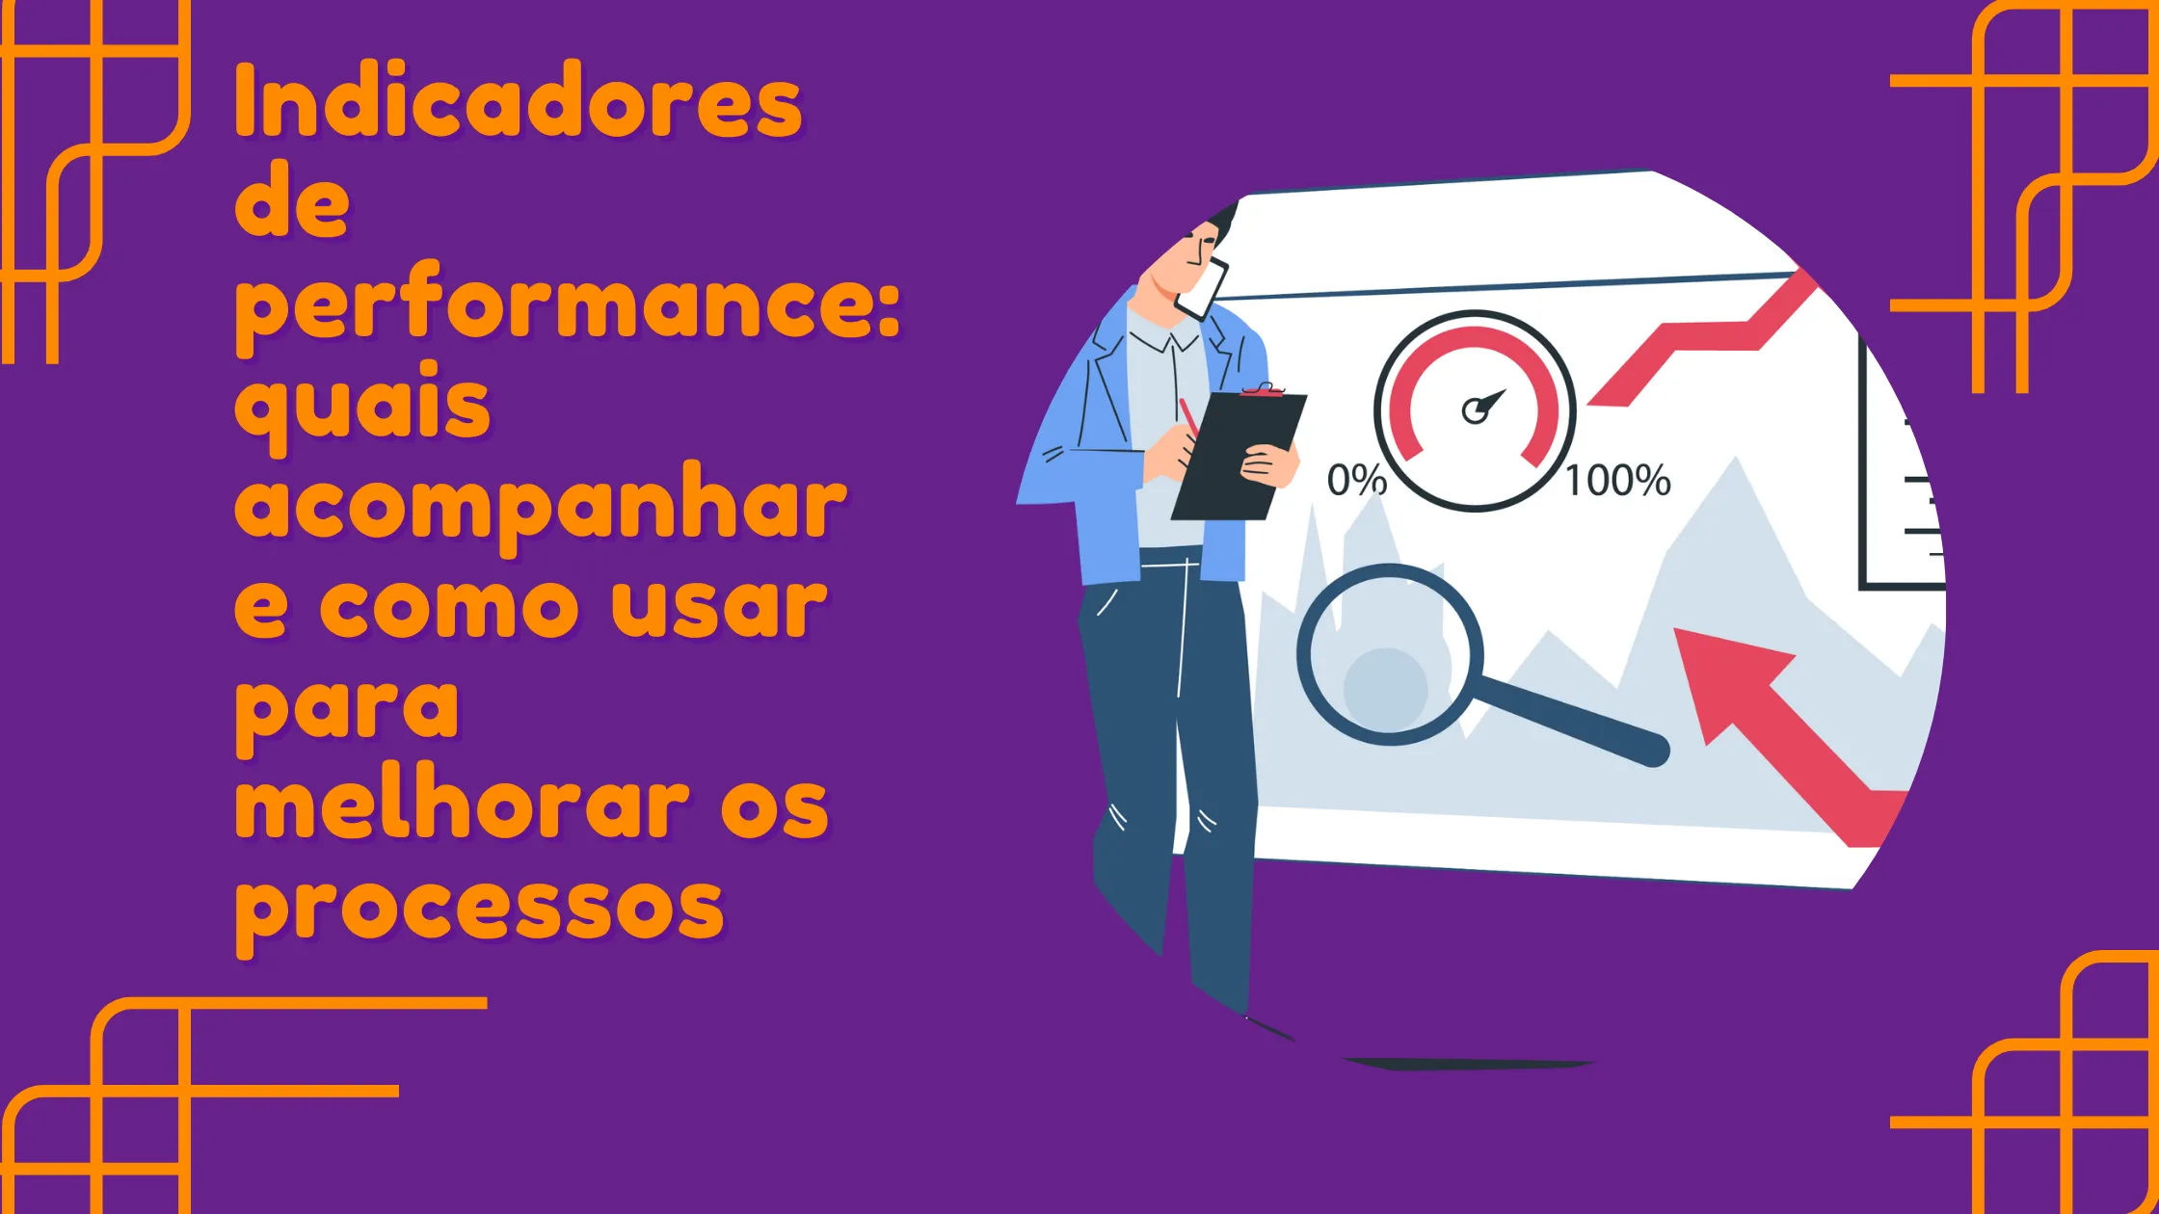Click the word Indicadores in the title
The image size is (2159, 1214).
[519, 100]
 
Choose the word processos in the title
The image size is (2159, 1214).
[479, 911]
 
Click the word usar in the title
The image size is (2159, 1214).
[719, 609]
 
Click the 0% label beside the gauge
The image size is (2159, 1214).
[1356, 479]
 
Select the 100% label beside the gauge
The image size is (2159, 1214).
[1618, 480]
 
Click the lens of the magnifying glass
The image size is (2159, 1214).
[1389, 655]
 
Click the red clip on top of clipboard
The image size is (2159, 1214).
[1263, 389]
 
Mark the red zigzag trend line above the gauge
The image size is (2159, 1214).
[1701, 339]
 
